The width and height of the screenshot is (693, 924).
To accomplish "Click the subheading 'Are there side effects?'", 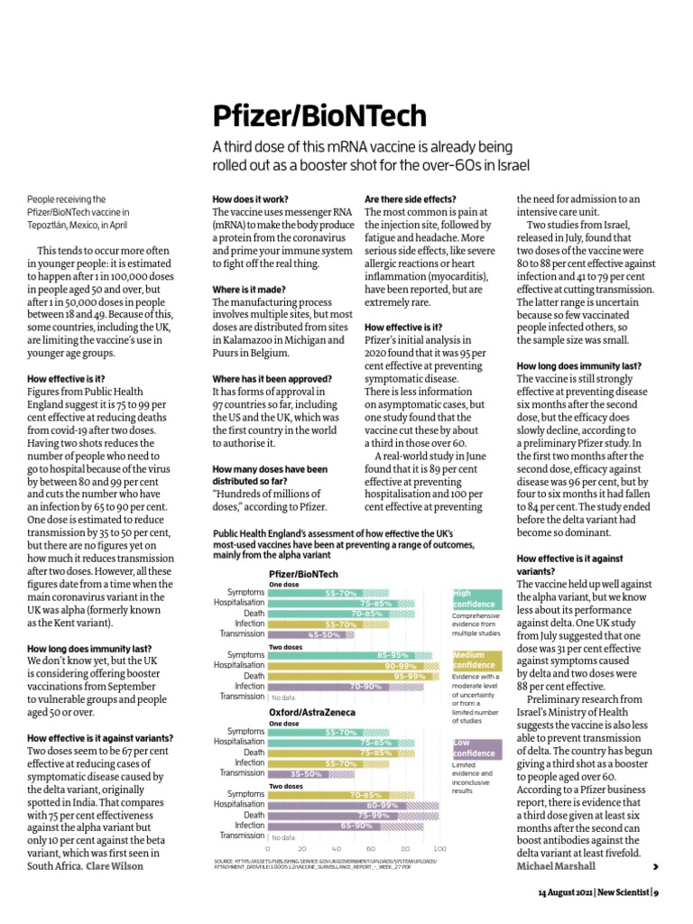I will (x=410, y=199).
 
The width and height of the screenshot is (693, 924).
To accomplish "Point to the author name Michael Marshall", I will (x=557, y=865).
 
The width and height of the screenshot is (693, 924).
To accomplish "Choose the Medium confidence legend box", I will (x=476, y=660).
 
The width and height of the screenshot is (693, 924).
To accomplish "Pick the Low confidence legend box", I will (x=476, y=748).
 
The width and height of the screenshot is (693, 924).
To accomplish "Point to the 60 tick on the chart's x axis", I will (x=371, y=849).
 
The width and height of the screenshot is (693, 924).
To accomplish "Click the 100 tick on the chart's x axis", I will (x=439, y=849).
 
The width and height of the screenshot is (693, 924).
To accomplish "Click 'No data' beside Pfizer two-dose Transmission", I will (x=283, y=697).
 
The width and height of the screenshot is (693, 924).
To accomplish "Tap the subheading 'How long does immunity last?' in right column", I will (x=578, y=365).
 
